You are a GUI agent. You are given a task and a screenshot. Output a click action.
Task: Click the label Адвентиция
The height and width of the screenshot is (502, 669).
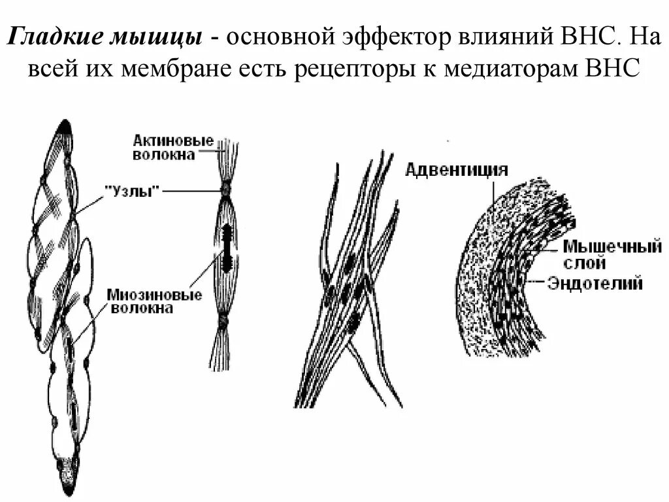pos(457,170)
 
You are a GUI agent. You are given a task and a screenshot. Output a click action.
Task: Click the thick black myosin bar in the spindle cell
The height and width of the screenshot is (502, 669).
pos(226,248)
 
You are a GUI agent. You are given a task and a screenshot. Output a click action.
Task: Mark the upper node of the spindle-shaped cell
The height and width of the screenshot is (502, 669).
pos(225,190)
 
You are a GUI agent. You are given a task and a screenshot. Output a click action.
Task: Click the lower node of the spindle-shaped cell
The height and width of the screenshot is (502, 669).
pos(223,320)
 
